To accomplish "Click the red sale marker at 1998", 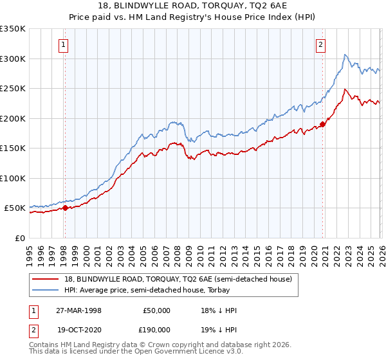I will pos(65,208).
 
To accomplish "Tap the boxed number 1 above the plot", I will pos(64,44).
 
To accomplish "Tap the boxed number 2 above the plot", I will pos(320,44).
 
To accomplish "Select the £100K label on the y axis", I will pos(12,178).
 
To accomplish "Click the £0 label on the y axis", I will pos(19,238).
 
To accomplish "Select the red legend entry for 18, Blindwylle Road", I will pos(177,279).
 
